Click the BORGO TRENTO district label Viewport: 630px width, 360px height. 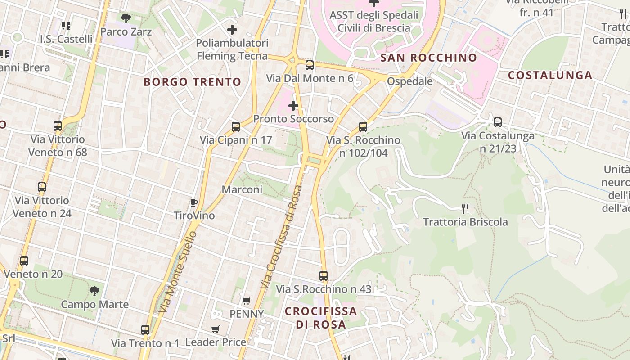(193, 82)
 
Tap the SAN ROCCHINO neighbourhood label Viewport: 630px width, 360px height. (428, 58)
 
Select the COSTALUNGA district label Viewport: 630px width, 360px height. (550, 75)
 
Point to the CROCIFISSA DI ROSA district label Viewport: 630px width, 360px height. (321, 318)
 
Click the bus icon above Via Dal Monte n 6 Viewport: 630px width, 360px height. (310, 65)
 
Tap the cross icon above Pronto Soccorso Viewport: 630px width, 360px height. (293, 106)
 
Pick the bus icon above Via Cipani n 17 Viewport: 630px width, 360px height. (236, 127)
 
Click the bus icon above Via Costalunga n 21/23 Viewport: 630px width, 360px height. (498, 122)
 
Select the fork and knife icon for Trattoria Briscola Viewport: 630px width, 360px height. (465, 208)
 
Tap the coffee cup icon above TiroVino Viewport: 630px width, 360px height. (194, 202)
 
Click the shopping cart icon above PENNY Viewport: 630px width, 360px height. (246, 301)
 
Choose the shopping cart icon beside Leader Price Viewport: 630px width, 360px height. (216, 329)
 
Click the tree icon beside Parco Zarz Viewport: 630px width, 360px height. (126, 18)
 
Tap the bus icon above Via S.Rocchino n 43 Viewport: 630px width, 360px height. (324, 276)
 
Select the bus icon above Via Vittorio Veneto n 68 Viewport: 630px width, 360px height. (58, 126)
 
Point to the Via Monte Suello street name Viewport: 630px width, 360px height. (178, 272)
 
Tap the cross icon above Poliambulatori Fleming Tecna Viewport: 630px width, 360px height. (232, 30)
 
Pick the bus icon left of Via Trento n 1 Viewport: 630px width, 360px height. (145, 330)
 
